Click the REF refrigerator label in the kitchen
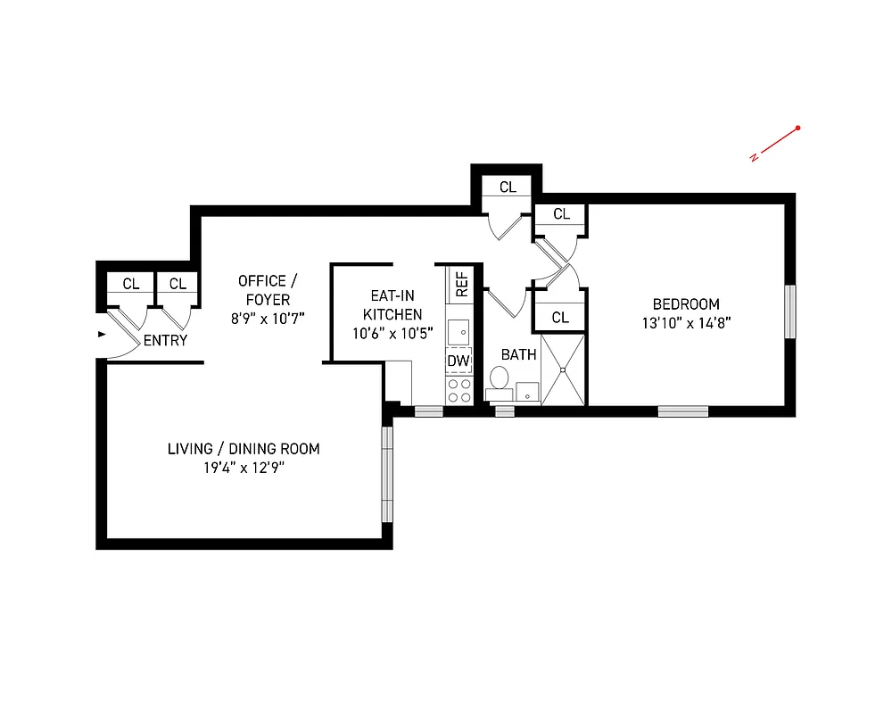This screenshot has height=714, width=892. coord(462,285)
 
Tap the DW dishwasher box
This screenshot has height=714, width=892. coord(458,361)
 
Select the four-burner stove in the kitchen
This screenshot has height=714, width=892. coord(458,390)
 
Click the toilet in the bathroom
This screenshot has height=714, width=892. coord(499,381)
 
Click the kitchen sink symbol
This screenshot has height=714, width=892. coord(458,331)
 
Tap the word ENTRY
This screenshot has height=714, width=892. coord(165,340)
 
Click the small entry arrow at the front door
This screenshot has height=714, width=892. coord(102,335)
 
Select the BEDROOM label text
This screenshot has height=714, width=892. coord(685,303)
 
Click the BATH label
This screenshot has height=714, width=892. coord(518,354)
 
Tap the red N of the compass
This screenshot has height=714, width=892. coord(754,158)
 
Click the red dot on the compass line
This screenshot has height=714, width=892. coord(797,129)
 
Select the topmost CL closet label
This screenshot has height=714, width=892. coord(508,187)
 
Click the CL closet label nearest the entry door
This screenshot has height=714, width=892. coord(131,284)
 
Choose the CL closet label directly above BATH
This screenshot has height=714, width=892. coord(560,317)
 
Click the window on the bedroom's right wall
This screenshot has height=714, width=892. coord(789,311)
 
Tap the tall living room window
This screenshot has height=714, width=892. coord(386,474)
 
